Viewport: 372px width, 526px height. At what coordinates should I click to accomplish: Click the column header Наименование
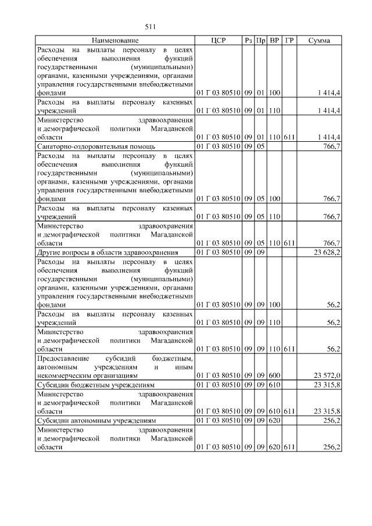coord(115,41)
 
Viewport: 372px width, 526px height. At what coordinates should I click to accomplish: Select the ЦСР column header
coord(218,41)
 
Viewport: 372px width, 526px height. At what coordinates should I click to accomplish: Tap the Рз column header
coord(248,41)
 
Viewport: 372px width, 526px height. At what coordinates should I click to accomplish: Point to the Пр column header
coord(261,41)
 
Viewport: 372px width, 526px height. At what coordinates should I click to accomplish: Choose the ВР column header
coord(275,41)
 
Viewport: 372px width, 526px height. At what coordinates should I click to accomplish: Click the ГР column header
coord(290,41)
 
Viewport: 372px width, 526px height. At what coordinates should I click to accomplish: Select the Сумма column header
coord(319,41)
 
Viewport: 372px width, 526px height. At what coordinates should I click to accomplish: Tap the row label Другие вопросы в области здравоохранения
coord(107,252)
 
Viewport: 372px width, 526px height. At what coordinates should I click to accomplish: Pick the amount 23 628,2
coord(327,252)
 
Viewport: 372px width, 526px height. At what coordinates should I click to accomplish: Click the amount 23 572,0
coord(327,375)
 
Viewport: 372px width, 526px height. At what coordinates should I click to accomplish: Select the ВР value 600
coord(275,375)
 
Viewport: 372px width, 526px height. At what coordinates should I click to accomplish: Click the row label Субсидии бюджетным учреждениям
coord(96,384)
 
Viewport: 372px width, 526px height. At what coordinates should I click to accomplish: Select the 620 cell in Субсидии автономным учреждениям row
coord(275,420)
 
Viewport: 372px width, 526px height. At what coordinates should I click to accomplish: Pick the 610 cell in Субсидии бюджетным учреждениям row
coord(275,384)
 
